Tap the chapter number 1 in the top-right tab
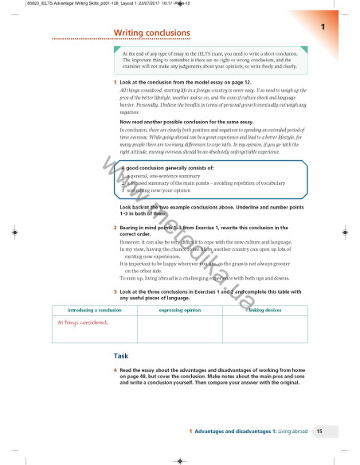point(323,27)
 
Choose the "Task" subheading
point(122,355)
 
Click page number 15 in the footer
point(319,431)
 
